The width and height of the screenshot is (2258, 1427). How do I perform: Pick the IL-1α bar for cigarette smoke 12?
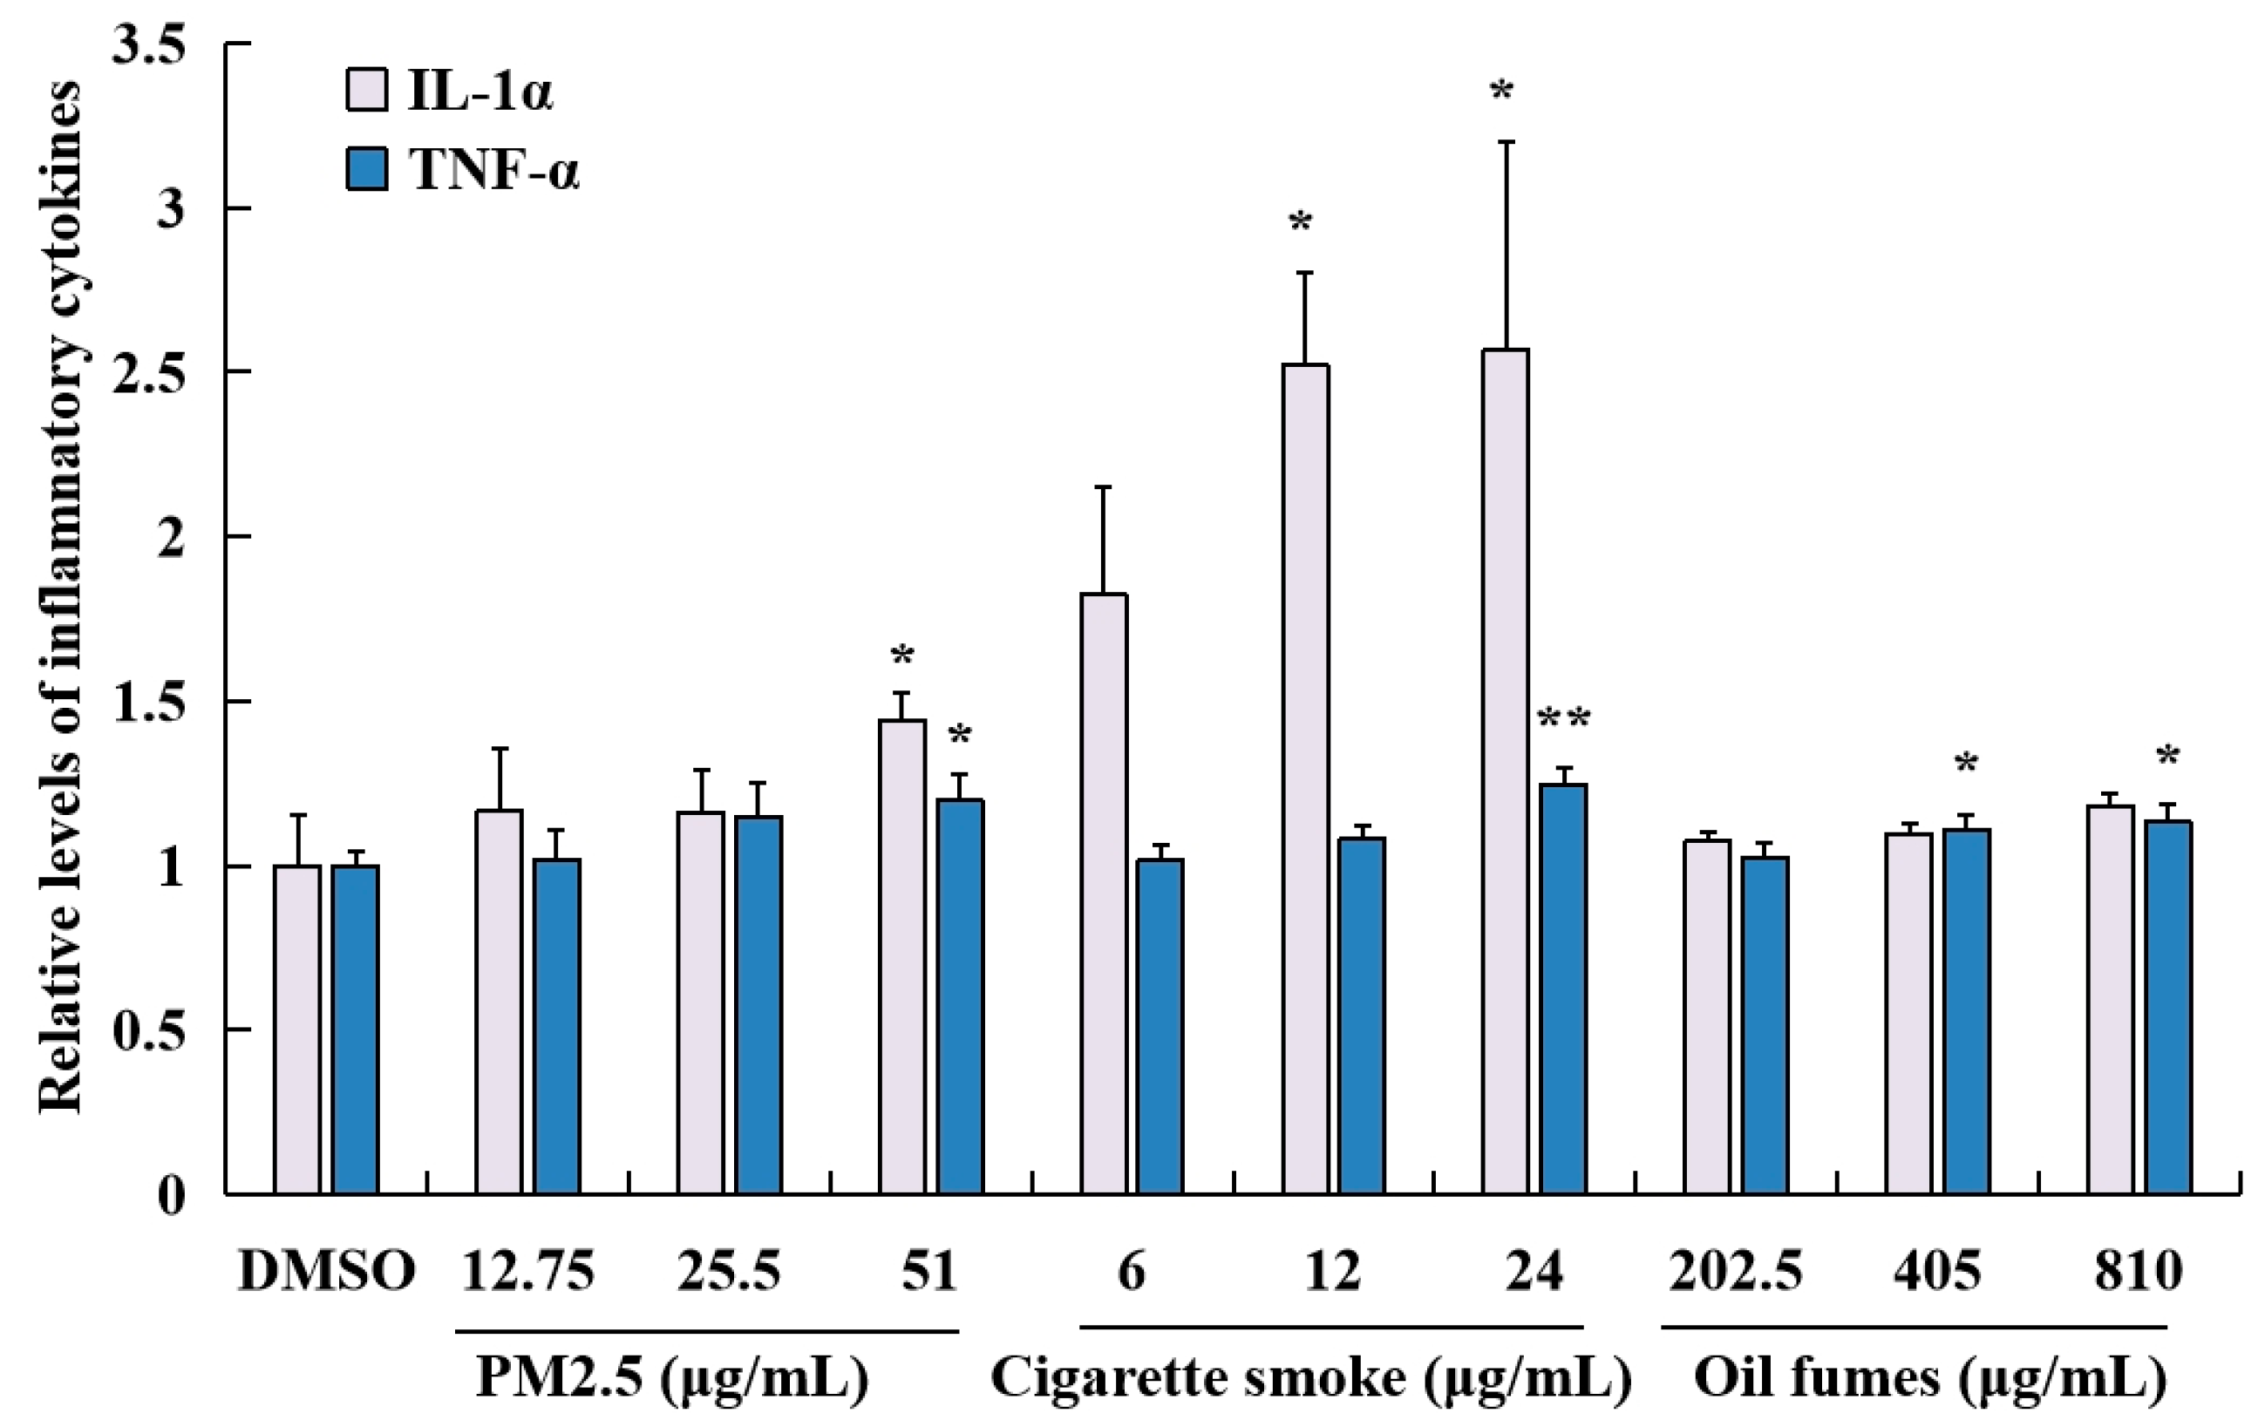pos(1305,779)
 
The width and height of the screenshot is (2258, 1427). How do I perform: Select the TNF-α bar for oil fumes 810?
pos(2169,1007)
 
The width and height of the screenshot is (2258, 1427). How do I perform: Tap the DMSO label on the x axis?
pos(326,1273)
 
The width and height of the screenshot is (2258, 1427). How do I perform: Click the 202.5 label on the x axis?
pos(1736,1273)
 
